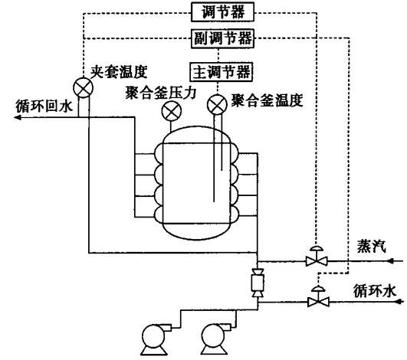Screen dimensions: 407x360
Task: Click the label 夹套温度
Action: [x=119, y=71]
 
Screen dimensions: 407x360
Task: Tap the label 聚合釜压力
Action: [x=161, y=93]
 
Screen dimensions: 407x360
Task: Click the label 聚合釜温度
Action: [x=267, y=100]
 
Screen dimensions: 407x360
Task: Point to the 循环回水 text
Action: [x=44, y=106]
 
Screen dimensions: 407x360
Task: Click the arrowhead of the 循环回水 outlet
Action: [x=17, y=118]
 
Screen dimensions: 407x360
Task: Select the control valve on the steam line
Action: [x=317, y=257]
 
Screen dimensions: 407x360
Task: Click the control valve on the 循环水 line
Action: [x=318, y=296]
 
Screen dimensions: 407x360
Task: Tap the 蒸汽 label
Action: [x=371, y=246]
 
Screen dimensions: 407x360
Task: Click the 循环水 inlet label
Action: [x=375, y=290]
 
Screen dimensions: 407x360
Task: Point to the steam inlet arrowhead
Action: [x=391, y=261]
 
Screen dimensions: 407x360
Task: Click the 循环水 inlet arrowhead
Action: [x=400, y=302]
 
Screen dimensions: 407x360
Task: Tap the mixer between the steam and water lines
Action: [x=258, y=283]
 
